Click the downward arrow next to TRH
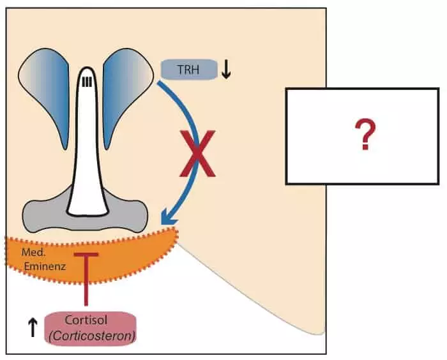[225, 70]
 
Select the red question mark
[366, 135]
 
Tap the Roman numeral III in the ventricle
[88, 80]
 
